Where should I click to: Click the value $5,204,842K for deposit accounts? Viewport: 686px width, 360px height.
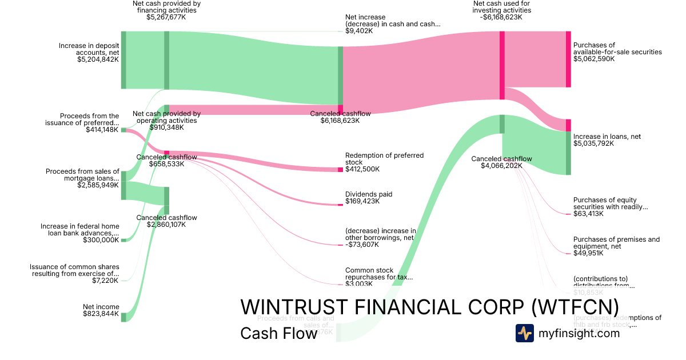pyautogui.click(x=98, y=59)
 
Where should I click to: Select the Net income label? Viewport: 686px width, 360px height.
pyautogui.click(x=101, y=307)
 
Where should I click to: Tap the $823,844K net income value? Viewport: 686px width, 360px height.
pyautogui.click(x=101, y=314)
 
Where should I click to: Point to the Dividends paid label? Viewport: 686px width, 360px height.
pyautogui.click(x=369, y=194)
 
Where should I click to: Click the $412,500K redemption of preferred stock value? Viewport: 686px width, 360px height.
pyautogui.click(x=362, y=169)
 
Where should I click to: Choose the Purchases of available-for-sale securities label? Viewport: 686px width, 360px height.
pyautogui.click(x=617, y=49)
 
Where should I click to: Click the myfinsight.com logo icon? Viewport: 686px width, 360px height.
pyautogui.click(x=525, y=333)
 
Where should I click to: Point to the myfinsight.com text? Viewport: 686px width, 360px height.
pyautogui.click(x=580, y=333)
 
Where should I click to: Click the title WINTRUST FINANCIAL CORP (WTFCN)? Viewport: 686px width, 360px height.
pyautogui.click(x=429, y=307)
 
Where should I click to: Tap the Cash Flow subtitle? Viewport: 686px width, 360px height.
pyautogui.click(x=278, y=333)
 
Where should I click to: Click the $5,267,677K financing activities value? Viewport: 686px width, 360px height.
pyautogui.click(x=166, y=17)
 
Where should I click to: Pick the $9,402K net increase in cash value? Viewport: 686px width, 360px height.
pyautogui.click(x=359, y=31)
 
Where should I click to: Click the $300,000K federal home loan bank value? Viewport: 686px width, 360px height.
pyautogui.click(x=101, y=240)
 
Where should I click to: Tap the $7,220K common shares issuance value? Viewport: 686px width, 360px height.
pyautogui.click(x=105, y=281)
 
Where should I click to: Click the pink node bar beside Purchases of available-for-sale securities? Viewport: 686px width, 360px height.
pyautogui.click(x=568, y=59)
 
